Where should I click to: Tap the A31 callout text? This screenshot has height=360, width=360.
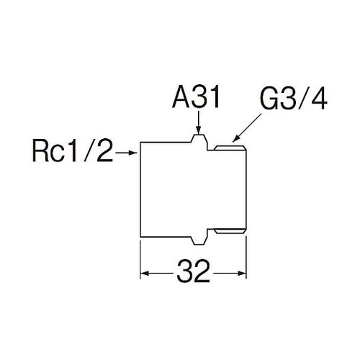pyautogui.click(x=196, y=98)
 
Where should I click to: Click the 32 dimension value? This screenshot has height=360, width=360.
pyautogui.click(x=194, y=273)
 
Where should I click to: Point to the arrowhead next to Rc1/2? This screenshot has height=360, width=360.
pyautogui.click(x=133, y=153)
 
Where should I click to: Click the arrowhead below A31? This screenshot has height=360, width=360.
pyautogui.click(x=198, y=130)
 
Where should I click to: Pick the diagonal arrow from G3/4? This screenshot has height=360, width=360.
pyautogui.click(x=247, y=128)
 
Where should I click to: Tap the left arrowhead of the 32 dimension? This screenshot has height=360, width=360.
pyautogui.click(x=145, y=274)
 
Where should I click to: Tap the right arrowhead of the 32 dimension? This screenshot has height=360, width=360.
pyautogui.click(x=242, y=274)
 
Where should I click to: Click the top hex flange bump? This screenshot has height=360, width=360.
pyautogui.click(x=199, y=141)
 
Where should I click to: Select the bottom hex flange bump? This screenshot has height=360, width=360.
pyautogui.click(x=199, y=238)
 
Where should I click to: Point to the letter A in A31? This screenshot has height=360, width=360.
pyautogui.click(x=181, y=98)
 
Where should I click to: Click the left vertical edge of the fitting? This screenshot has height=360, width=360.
pyautogui.click(x=140, y=189)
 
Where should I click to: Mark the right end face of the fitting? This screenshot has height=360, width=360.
pyautogui.click(x=246, y=189)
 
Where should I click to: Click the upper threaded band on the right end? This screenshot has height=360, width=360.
pyautogui.click(x=230, y=148)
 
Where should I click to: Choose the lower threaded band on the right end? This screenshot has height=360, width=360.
pyautogui.click(x=230, y=231)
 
